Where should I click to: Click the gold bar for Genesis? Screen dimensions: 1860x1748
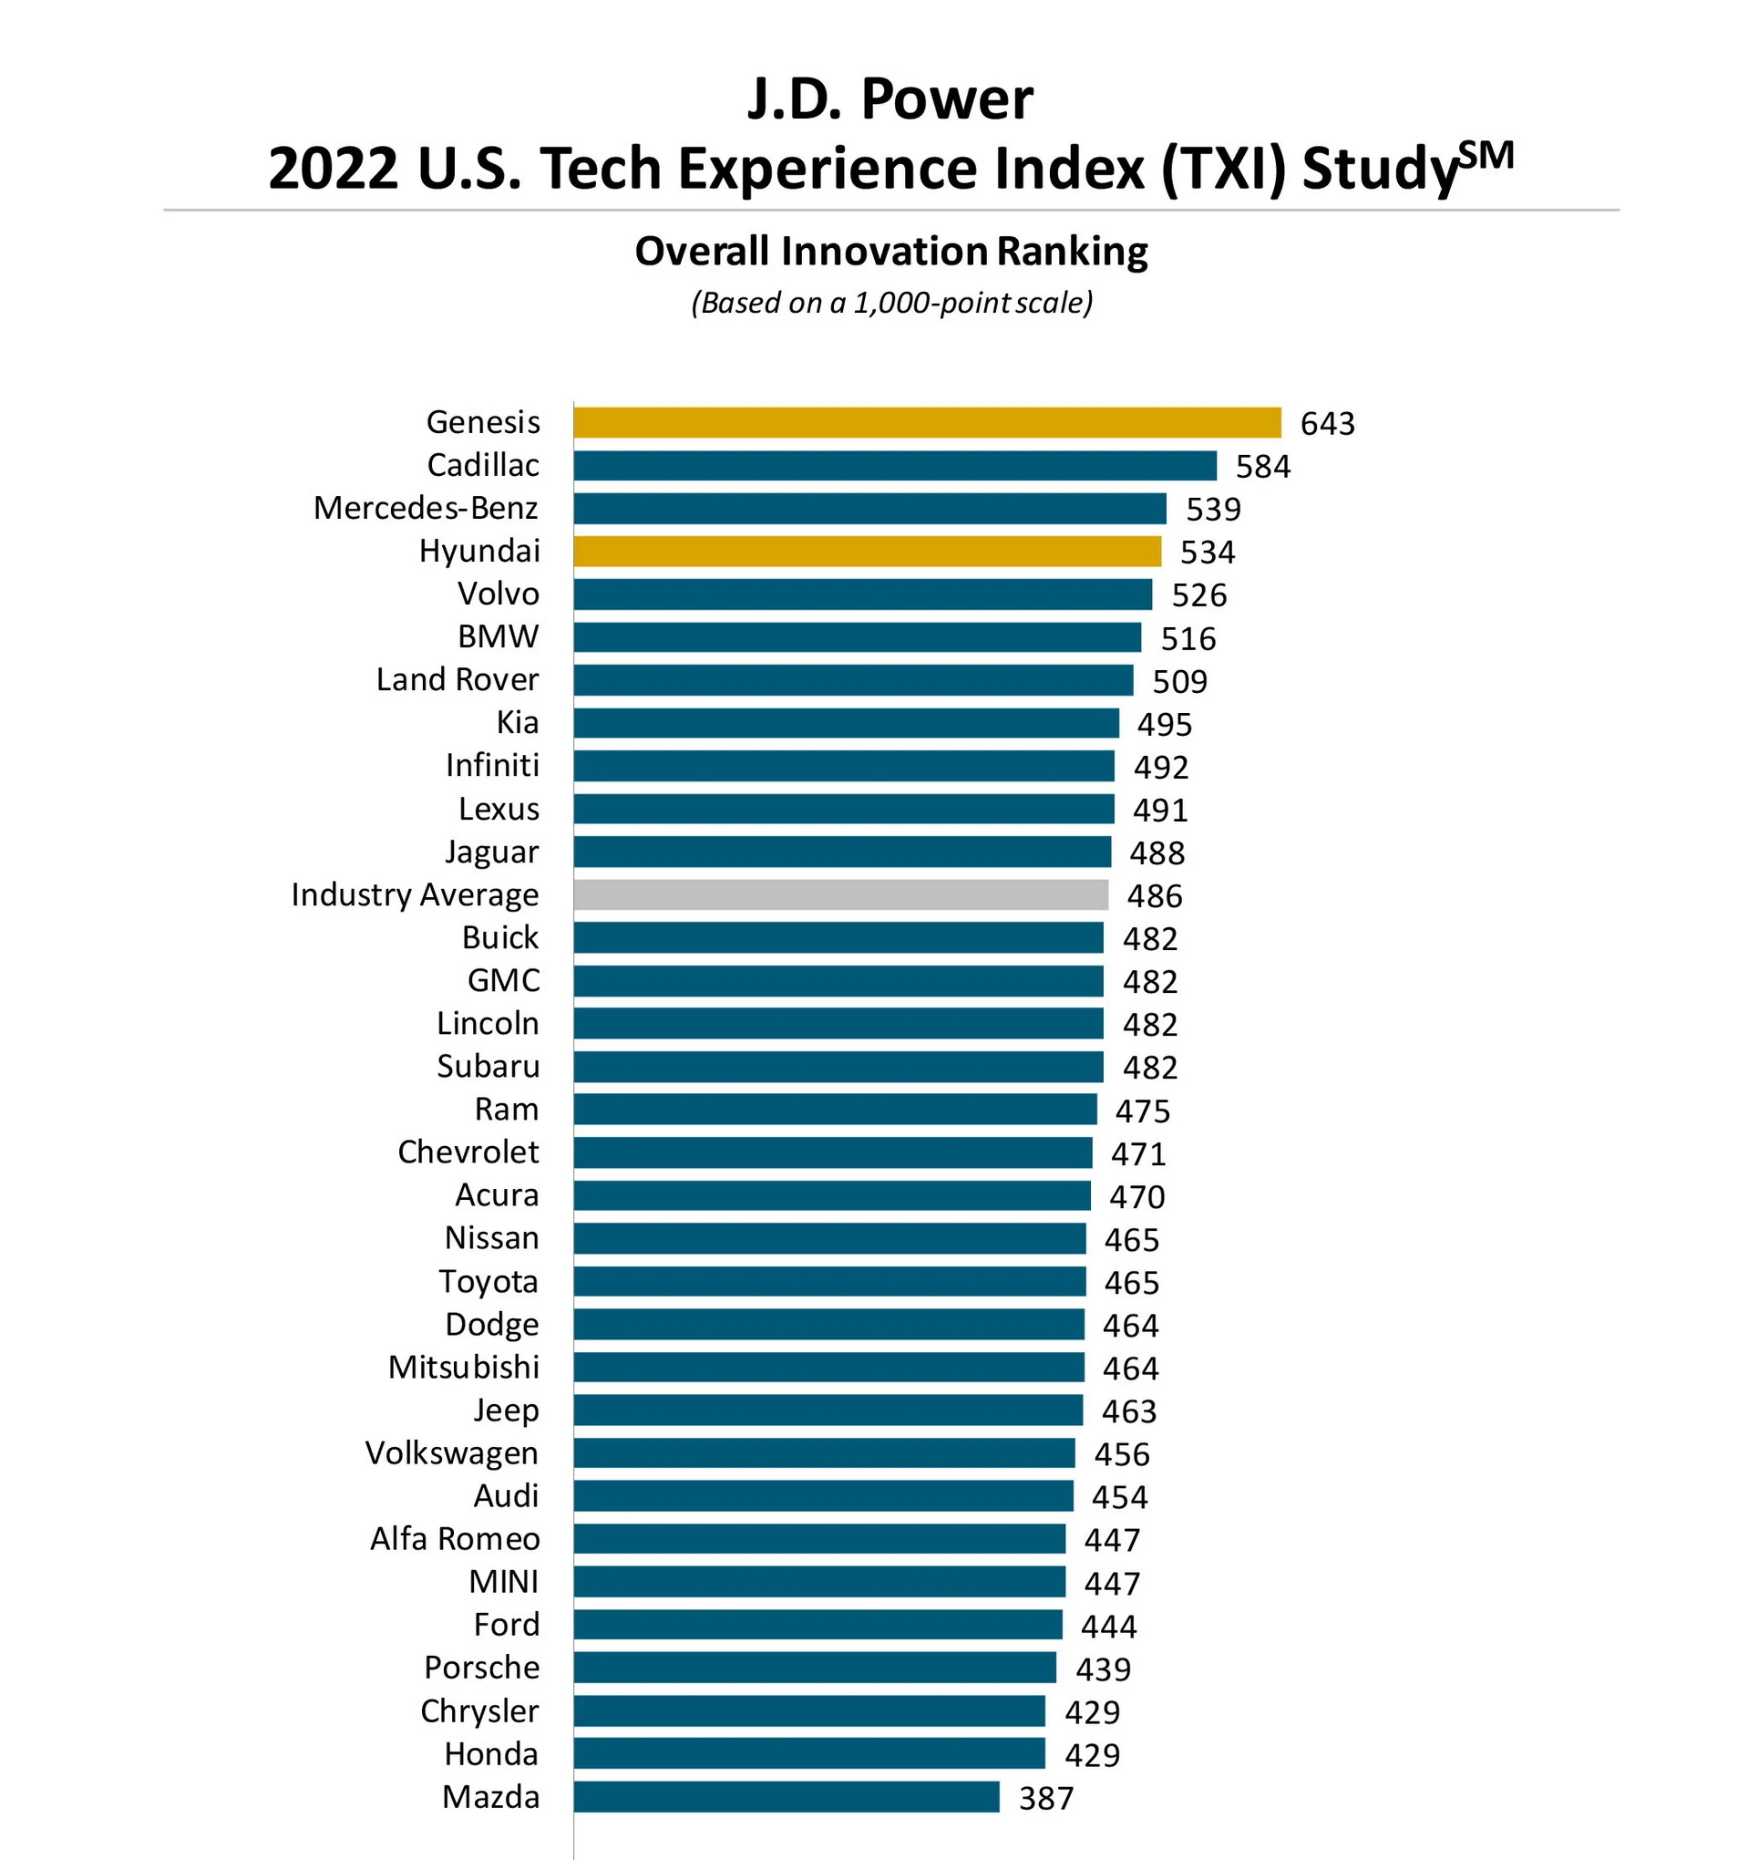pyautogui.click(x=926, y=423)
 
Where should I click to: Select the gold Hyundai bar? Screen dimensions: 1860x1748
pyautogui.click(x=866, y=551)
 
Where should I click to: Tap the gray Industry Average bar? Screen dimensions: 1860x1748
pyautogui.click(x=840, y=895)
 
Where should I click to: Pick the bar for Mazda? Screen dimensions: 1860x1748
pyautogui.click(x=786, y=1797)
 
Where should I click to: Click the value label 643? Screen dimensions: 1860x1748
pyautogui.click(x=1326, y=424)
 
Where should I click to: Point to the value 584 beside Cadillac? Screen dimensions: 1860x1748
pyautogui.click(x=1262, y=467)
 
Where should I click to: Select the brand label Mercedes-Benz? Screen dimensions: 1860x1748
pyautogui.click(x=426, y=508)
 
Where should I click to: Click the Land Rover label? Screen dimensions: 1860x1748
pyautogui.click(x=458, y=680)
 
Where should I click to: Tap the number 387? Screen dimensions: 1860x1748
pyautogui.click(x=1045, y=1798)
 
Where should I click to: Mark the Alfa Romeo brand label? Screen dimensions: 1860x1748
pyautogui.click(x=455, y=1539)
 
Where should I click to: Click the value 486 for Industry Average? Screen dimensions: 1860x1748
pyautogui.click(x=1154, y=896)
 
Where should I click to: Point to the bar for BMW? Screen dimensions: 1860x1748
pyautogui.click(x=857, y=637)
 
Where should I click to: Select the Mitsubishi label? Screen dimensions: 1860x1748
pyautogui.click(x=463, y=1368)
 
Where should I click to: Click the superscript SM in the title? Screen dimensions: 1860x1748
pyautogui.click(x=1486, y=155)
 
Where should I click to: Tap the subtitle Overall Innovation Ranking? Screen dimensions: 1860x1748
pyautogui.click(x=890, y=252)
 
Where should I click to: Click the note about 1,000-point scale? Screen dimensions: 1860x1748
pyautogui.click(x=890, y=303)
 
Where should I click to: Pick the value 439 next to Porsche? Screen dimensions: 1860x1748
pyautogui.click(x=1103, y=1669)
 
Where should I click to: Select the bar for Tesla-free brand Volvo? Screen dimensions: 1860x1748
pyautogui.click(x=862, y=594)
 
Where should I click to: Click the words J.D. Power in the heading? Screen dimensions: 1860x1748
pyautogui.click(x=889, y=99)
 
